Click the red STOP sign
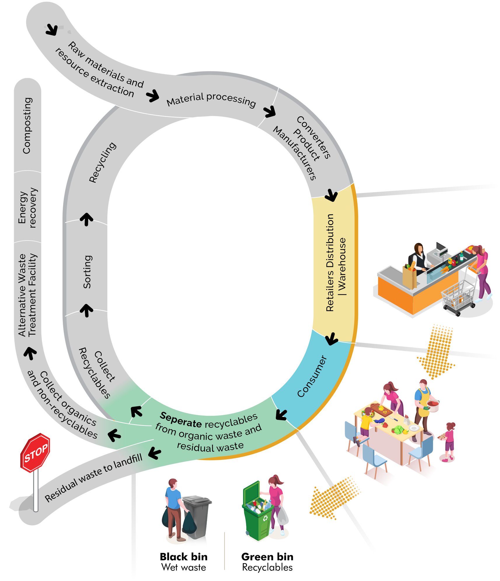tap(35, 452)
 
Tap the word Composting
tap(27, 126)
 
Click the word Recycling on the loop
tap(102, 162)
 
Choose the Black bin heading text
tap(184, 556)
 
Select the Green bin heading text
tap(267, 556)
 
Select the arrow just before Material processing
tap(153, 95)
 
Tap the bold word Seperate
tap(181, 420)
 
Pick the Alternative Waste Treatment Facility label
tap(28, 295)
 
